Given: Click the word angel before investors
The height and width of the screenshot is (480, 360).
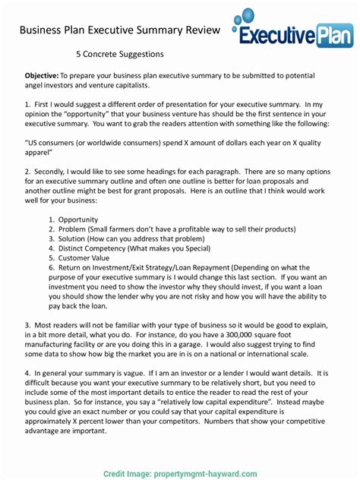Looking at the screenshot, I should point(36,87).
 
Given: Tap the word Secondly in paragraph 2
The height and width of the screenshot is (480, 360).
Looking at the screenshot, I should point(56,175).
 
